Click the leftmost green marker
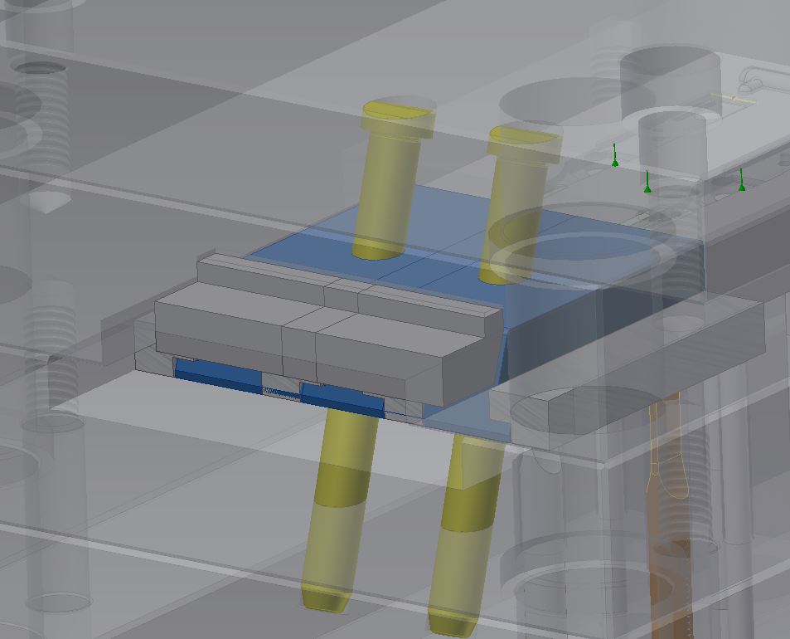point(615,157)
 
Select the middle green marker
point(647,183)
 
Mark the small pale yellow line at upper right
point(734,99)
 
